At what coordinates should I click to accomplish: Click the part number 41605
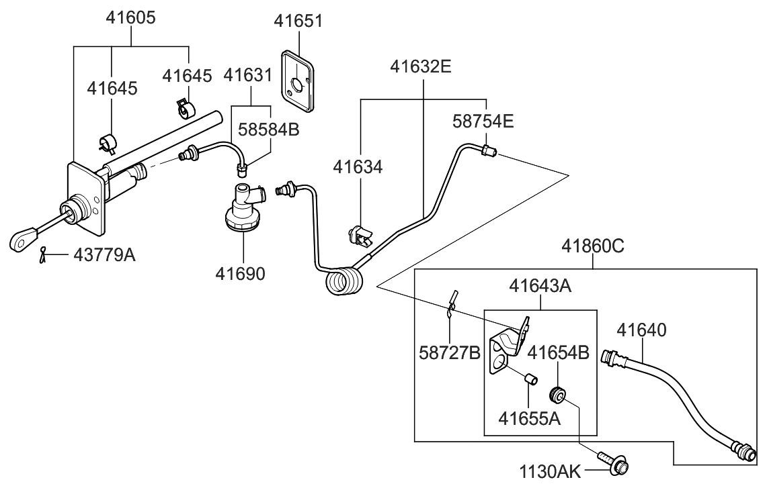[x=130, y=18]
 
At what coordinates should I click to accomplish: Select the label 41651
[x=298, y=21]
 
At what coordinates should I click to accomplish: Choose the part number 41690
[x=241, y=274]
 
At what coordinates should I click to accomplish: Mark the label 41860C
[x=593, y=246]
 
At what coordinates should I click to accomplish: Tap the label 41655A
[x=529, y=418]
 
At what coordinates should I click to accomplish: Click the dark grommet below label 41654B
[x=558, y=393]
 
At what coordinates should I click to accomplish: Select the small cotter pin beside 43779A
[x=44, y=254]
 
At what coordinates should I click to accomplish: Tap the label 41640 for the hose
[x=642, y=330]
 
